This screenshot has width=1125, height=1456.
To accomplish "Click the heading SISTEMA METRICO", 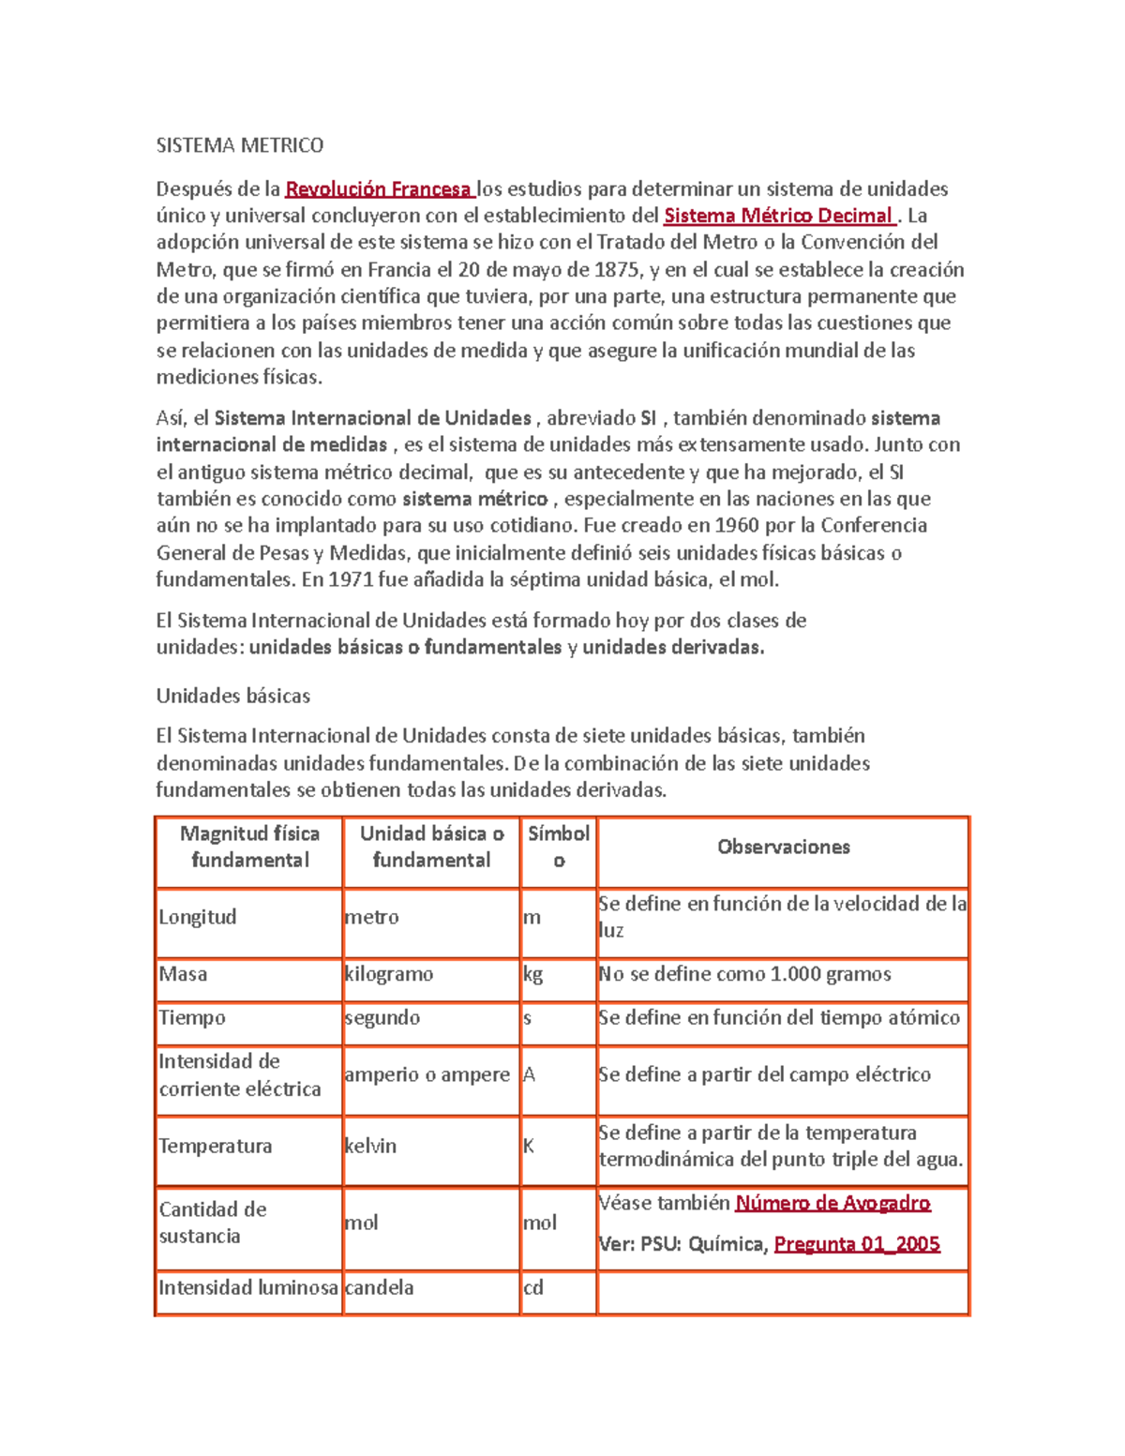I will (x=239, y=145).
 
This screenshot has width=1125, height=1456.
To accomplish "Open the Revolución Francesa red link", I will (x=378, y=189).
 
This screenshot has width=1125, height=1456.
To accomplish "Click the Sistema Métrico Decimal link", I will (x=778, y=217).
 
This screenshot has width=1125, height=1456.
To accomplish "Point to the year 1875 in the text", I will (x=618, y=270).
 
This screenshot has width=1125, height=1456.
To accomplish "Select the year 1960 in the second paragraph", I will (x=737, y=525).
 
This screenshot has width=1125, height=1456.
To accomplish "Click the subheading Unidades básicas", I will (x=232, y=696).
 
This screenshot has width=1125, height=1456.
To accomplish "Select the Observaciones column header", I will (x=783, y=848).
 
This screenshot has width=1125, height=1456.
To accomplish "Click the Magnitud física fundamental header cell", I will (x=249, y=848).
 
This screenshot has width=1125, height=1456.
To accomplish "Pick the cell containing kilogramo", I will (x=388, y=974).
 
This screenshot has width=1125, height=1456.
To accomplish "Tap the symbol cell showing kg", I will (x=533, y=974).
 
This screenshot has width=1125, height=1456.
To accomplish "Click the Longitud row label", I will (x=197, y=917).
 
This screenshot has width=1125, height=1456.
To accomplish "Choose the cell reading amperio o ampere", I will (x=427, y=1075).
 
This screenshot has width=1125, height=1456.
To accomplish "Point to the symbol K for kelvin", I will (x=529, y=1147).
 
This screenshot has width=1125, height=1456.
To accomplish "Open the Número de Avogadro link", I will (x=832, y=1204).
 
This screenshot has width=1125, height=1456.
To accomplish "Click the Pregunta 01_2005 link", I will (x=857, y=1245).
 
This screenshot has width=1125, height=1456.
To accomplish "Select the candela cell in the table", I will (x=379, y=1288).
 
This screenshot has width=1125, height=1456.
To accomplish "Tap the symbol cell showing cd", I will (x=533, y=1288).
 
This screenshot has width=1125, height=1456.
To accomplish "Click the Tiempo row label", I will (x=192, y=1018).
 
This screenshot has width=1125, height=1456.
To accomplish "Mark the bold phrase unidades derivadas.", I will (x=672, y=648).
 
